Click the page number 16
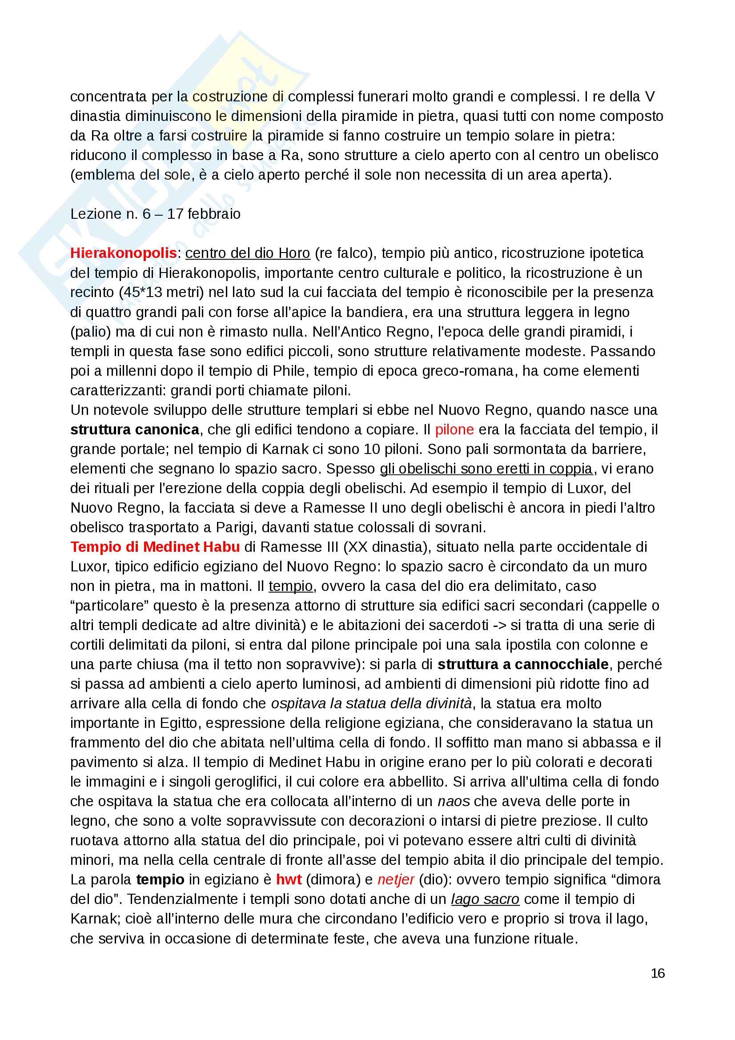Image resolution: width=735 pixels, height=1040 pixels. click(x=658, y=973)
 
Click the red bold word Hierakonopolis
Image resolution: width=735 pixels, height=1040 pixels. click(x=123, y=253)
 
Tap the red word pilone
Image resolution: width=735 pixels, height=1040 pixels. click(x=454, y=430)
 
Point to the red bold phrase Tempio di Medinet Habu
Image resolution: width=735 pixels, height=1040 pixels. click(x=155, y=547)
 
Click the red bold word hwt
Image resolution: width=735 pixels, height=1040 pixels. click(x=289, y=879)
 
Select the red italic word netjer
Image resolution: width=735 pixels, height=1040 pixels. click(x=396, y=879)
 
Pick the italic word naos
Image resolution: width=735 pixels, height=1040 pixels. click(x=454, y=801)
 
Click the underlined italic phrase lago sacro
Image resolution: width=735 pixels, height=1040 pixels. click(x=485, y=899)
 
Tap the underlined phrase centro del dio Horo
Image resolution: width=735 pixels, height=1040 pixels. click(x=248, y=253)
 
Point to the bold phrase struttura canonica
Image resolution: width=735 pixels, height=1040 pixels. click(x=134, y=430)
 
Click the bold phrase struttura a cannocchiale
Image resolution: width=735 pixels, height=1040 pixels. click(x=523, y=664)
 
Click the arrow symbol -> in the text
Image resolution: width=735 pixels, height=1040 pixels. click(x=500, y=625)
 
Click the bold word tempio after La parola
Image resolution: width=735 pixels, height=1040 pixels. click(x=161, y=879)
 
